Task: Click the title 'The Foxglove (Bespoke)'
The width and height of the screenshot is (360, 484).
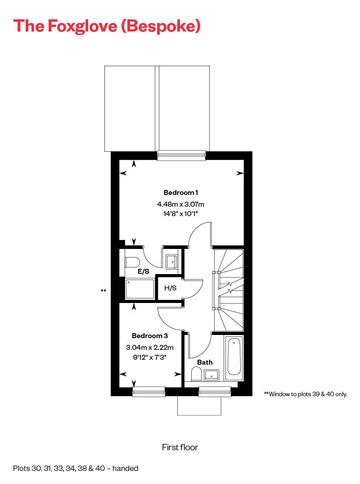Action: coord(107,26)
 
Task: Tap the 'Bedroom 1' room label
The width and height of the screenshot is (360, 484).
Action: coord(180,193)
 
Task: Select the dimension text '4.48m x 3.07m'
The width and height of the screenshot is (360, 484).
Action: coord(180,204)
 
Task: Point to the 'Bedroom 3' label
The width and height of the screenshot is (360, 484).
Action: coord(150,336)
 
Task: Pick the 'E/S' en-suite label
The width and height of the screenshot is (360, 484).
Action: coord(144,271)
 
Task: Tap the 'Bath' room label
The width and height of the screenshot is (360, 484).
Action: coord(205,362)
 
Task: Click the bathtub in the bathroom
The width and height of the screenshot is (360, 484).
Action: coord(234,357)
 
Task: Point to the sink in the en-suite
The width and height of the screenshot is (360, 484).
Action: coord(172,262)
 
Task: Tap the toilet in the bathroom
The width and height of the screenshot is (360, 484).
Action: coord(196,374)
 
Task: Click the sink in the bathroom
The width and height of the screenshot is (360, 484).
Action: coord(211,375)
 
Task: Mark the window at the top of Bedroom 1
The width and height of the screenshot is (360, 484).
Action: coord(181,156)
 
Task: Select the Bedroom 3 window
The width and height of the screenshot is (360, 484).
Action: coord(149,392)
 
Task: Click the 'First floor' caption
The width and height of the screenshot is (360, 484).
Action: coord(180,447)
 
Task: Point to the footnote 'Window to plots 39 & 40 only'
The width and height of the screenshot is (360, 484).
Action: coord(306,394)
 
